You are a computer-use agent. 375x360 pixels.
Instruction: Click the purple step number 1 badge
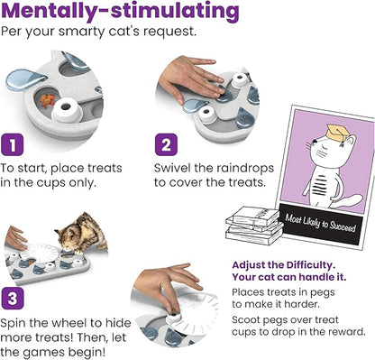(x=12, y=144)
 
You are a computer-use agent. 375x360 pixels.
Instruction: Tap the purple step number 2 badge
(x=166, y=144)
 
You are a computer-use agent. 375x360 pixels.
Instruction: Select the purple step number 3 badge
(x=13, y=299)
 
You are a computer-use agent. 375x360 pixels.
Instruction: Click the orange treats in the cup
(x=48, y=100)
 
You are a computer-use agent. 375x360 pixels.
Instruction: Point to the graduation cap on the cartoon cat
(x=337, y=132)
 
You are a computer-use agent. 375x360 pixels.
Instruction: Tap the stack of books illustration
(x=254, y=225)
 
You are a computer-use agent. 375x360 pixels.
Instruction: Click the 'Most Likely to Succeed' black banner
(x=321, y=223)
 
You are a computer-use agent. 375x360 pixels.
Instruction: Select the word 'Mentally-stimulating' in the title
(x=120, y=12)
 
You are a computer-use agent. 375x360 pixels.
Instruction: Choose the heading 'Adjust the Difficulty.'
(x=283, y=265)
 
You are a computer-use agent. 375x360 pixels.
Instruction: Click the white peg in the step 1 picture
(x=67, y=110)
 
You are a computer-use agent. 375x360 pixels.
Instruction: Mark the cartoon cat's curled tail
(x=347, y=201)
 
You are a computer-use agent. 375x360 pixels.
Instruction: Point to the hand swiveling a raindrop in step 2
(x=189, y=78)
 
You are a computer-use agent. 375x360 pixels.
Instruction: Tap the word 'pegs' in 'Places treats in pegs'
(x=322, y=293)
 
